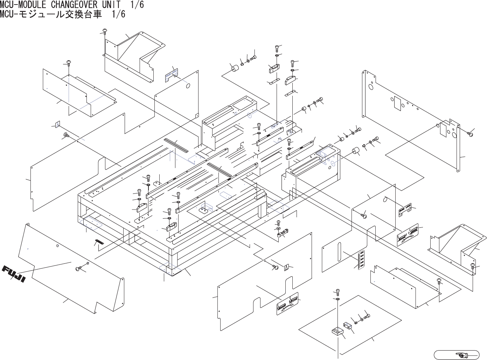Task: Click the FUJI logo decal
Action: coord(14,275)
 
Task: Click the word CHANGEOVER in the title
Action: coord(76,5)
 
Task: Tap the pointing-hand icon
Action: coord(463,355)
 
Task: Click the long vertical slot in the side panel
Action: coord(339,252)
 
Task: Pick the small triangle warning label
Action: coord(287,267)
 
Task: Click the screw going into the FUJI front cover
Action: coord(78,268)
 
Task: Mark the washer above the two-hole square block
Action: coord(338,299)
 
